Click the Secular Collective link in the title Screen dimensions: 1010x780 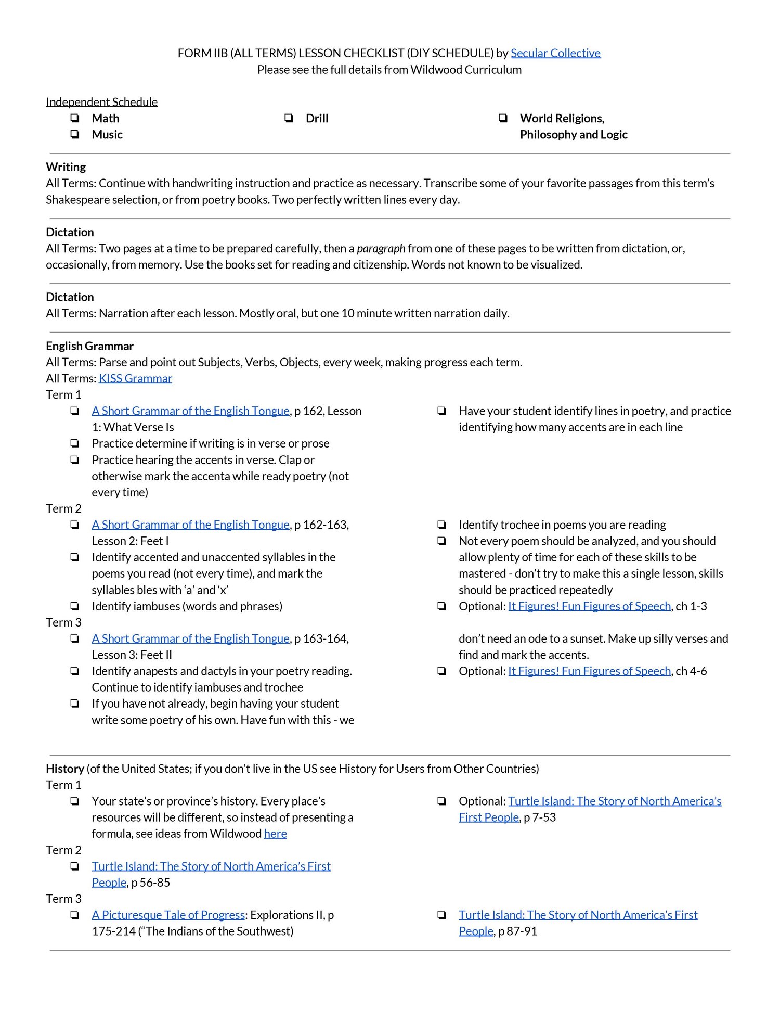tap(555, 53)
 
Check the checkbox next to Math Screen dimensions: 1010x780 tap(75, 118)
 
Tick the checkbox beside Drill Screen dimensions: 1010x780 tap(289, 118)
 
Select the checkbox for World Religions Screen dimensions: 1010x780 tap(503, 118)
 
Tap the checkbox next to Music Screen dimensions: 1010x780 tap(75, 134)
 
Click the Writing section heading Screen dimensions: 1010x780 tap(66, 167)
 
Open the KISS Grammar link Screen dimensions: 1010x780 tap(135, 378)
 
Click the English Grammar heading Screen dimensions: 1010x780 tap(89, 346)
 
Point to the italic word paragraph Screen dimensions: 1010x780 tap(381, 248)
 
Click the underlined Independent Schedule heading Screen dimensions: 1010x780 tap(101, 102)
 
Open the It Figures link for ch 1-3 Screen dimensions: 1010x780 tap(589, 606)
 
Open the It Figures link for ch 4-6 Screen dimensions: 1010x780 tap(589, 671)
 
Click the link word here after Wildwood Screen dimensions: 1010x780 tap(275, 834)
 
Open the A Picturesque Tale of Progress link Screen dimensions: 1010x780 tap(168, 915)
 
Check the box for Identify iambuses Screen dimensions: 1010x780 tap(75, 606)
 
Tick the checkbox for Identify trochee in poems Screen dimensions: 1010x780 tap(442, 525)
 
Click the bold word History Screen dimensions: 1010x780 tap(64, 769)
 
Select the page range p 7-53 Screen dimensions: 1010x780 tap(540, 817)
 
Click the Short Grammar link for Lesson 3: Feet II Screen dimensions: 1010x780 tap(190, 638)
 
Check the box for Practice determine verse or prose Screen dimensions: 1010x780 tap(75, 443)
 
